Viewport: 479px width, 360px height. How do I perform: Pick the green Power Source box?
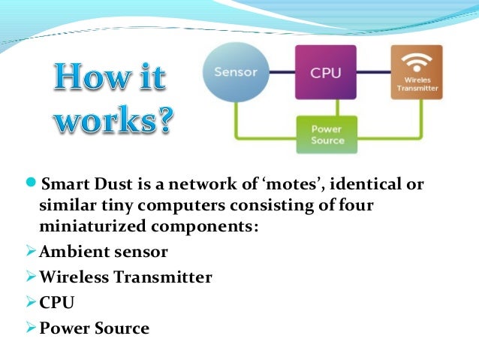[327, 135]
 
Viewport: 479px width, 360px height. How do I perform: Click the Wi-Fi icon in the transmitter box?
[414, 59]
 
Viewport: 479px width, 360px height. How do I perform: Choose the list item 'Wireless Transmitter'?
[125, 277]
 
